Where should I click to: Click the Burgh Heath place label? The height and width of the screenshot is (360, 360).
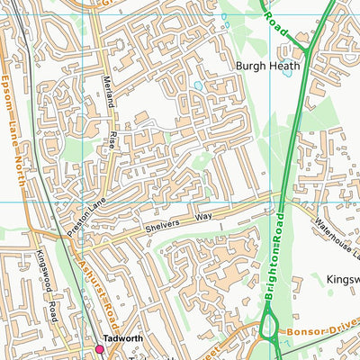(x=265, y=66)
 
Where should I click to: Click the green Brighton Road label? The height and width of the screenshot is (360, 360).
(x=275, y=253)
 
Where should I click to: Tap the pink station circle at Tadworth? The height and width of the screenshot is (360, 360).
(x=100, y=348)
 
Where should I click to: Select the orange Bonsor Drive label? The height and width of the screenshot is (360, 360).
(x=323, y=332)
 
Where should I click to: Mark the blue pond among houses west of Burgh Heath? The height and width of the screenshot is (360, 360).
(x=197, y=86)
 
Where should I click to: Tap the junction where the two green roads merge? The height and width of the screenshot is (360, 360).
(x=307, y=54)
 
